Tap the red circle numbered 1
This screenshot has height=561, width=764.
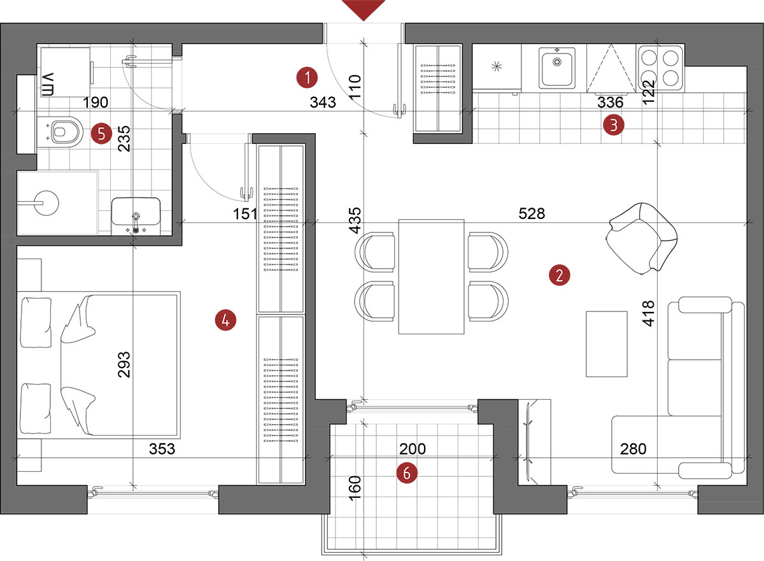[x=307, y=78]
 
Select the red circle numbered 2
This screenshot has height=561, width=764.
[x=560, y=275]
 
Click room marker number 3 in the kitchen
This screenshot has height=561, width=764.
[x=614, y=125]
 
